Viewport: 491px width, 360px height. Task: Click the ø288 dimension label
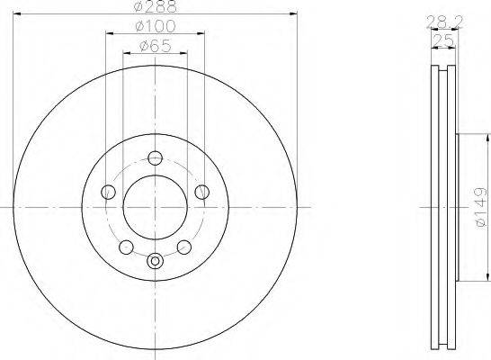tap(156, 6)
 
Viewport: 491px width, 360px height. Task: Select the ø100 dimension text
tap(156, 26)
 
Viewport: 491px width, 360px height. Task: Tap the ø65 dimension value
tap(156, 47)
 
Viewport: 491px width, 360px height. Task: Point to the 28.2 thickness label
tap(444, 22)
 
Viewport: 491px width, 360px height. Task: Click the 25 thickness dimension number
tap(443, 40)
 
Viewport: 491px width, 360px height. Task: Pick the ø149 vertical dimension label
tap(481, 207)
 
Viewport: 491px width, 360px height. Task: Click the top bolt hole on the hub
tap(155, 157)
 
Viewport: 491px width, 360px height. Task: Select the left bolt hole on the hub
tap(108, 192)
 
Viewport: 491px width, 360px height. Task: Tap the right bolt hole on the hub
tap(202, 192)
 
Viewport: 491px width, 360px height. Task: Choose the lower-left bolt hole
tap(126, 247)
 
